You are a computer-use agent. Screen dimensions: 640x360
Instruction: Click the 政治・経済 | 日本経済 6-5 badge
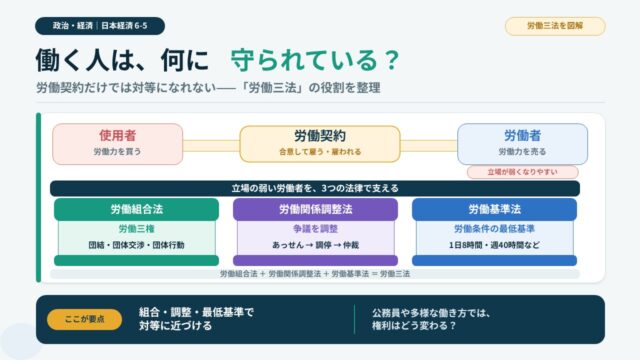click(100, 26)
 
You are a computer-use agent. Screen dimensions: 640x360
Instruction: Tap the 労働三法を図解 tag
click(555, 26)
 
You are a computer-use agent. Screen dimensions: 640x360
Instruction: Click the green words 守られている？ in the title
click(315, 60)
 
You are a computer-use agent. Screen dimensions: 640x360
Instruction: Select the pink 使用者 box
click(118, 144)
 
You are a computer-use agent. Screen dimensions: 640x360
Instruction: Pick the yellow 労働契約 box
click(320, 144)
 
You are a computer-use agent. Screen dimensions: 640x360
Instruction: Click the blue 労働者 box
click(522, 144)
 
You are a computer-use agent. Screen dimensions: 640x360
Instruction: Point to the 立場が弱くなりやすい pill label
click(522, 172)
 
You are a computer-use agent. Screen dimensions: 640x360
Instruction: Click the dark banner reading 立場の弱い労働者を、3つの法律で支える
click(315, 189)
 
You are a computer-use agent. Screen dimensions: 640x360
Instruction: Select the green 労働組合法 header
click(136, 209)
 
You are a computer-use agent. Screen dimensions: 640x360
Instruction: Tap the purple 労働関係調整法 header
click(315, 209)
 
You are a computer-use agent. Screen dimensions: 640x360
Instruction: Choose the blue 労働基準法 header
click(494, 209)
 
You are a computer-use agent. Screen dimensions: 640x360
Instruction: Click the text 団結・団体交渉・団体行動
click(136, 245)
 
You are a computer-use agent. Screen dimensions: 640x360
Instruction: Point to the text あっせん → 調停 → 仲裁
click(315, 245)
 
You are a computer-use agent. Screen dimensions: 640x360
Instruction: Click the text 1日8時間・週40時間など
click(494, 245)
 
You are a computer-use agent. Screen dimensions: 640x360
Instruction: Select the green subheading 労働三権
click(136, 229)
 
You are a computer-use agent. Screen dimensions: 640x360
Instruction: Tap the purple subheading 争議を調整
click(315, 229)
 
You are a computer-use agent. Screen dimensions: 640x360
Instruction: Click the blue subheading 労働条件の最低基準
click(494, 229)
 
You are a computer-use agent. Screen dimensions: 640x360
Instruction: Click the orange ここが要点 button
click(84, 319)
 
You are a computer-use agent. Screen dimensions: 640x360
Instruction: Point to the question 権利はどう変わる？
click(413, 326)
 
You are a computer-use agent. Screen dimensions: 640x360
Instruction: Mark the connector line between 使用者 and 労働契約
click(211, 146)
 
